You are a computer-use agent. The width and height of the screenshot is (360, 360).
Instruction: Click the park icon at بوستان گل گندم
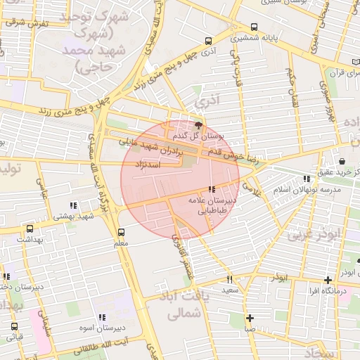(198, 124)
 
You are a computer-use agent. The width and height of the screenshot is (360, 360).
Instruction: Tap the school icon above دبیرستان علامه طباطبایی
(212, 190)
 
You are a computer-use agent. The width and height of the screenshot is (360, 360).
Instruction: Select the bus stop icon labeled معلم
(121, 232)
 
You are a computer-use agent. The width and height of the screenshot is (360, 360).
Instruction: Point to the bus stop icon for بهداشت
(30, 229)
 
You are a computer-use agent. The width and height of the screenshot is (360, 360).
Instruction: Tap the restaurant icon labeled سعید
(229, 279)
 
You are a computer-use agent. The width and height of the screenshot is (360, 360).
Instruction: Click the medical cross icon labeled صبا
(250, 317)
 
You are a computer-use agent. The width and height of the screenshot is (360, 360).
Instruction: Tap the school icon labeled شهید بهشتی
(73, 205)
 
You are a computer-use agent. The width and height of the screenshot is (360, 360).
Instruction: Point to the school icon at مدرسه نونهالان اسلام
(305, 179)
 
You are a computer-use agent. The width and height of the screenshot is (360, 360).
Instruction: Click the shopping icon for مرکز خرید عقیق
(342, 161)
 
